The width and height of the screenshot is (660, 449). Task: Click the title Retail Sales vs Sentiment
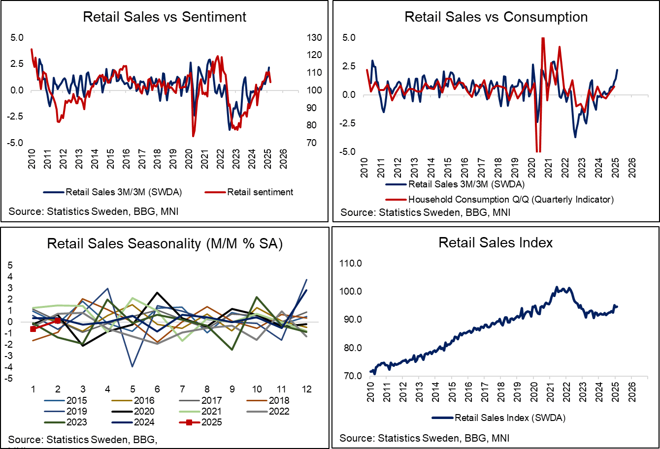click(x=165, y=17)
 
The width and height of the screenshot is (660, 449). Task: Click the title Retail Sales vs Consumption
click(x=496, y=17)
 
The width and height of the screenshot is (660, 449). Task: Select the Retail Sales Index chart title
click(x=496, y=242)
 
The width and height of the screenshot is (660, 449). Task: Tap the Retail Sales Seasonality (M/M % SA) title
click(x=165, y=244)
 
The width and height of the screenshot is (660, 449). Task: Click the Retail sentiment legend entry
click(x=260, y=192)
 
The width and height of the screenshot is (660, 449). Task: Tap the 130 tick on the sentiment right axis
click(x=301, y=38)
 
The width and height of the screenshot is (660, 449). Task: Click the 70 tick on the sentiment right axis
click(x=301, y=143)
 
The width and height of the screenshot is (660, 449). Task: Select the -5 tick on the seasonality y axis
click(x=9, y=378)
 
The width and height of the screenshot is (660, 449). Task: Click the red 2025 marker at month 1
click(x=33, y=329)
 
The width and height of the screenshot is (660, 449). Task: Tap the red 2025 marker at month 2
click(x=58, y=321)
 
